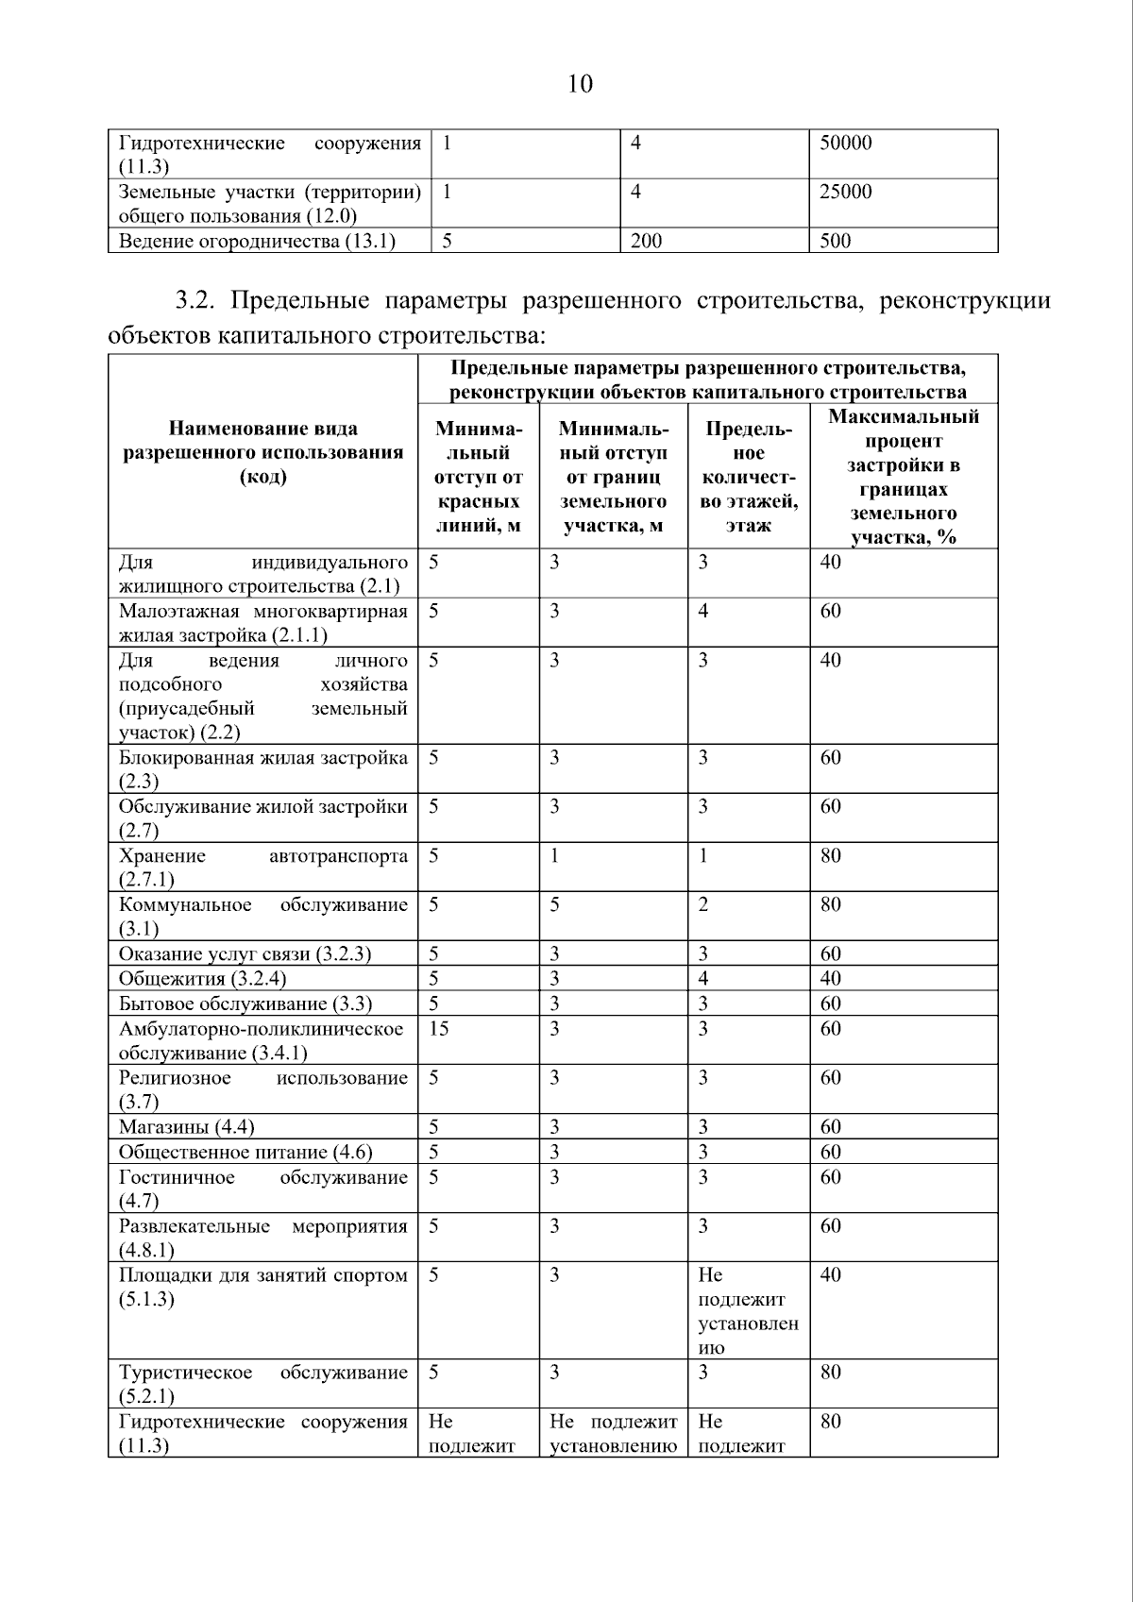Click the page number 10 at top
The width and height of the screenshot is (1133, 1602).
click(x=580, y=85)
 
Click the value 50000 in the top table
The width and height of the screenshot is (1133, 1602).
click(x=845, y=143)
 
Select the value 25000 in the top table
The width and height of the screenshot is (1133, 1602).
click(x=845, y=193)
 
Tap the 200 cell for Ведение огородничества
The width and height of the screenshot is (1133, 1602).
click(x=647, y=242)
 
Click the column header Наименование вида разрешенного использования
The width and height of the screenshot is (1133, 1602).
click(x=263, y=452)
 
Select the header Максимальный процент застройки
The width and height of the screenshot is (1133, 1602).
click(x=903, y=477)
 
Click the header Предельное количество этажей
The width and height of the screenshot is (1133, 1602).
click(x=748, y=477)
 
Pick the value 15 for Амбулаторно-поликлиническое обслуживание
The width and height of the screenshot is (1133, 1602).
click(x=439, y=1029)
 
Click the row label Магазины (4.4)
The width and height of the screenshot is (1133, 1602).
click(x=187, y=1127)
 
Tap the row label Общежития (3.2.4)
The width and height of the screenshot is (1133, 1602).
click(x=202, y=979)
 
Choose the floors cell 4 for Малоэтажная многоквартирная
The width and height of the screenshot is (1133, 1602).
click(x=703, y=612)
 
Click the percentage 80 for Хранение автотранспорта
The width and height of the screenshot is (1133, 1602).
click(x=830, y=856)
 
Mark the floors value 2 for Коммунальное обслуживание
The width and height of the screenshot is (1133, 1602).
click(x=703, y=905)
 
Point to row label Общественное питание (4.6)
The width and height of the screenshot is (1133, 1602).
click(x=245, y=1152)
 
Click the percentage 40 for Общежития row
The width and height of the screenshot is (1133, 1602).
click(x=830, y=979)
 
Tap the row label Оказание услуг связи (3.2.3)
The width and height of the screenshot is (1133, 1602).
click(x=245, y=954)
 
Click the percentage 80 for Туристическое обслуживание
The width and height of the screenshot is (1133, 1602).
click(x=830, y=1373)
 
